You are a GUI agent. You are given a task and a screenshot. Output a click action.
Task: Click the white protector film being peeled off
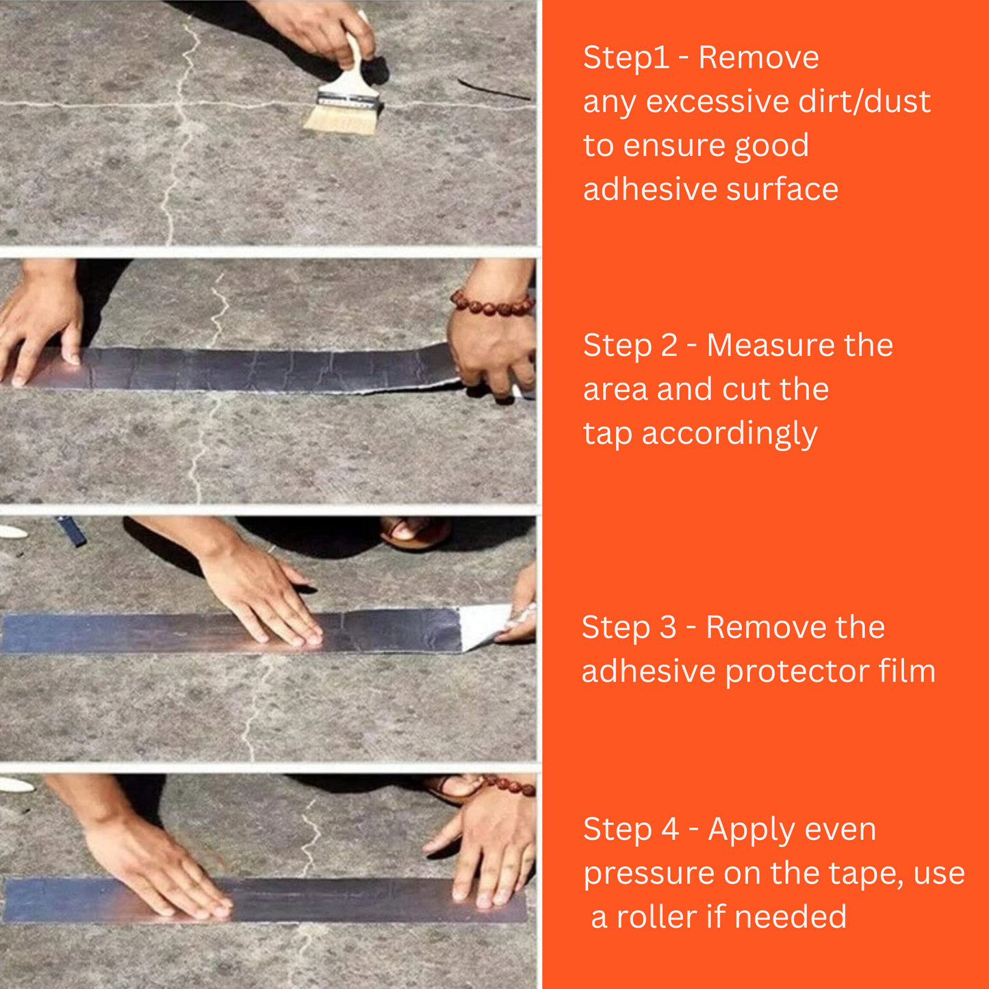tap(483, 624)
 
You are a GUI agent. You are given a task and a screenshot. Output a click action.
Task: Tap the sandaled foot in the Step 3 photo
tap(415, 531)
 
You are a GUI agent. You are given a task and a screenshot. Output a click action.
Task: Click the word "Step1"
tap(626, 57)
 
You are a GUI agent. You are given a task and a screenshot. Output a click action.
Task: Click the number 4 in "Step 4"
tap(670, 830)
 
